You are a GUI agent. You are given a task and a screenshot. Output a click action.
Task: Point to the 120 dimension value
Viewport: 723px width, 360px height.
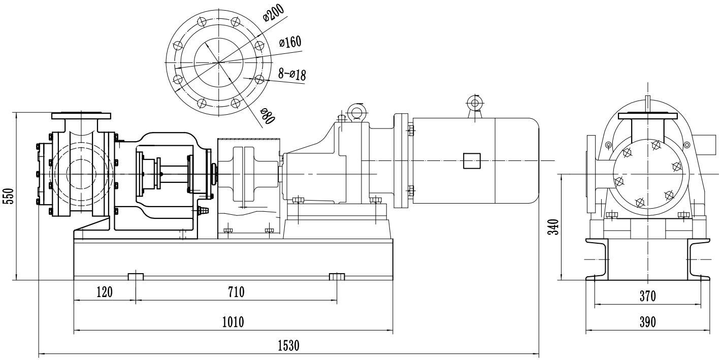tap(105, 292)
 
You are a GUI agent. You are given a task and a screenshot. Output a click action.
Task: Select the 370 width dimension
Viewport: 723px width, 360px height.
tap(648, 296)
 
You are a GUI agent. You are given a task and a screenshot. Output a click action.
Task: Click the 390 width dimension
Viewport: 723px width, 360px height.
tap(648, 322)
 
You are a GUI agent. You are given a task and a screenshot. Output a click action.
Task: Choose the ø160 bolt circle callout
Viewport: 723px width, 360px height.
tap(290, 43)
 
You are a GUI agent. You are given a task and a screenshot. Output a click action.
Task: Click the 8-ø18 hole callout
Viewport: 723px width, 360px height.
tap(292, 74)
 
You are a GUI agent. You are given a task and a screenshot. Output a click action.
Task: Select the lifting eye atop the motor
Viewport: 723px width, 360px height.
tap(475, 104)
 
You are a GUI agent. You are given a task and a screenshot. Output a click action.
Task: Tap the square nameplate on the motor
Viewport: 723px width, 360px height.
tap(471, 161)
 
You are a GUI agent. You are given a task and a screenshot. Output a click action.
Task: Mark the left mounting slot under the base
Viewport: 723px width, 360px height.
tap(136, 276)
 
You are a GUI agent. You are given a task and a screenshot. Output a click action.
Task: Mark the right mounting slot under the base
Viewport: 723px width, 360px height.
tap(337, 276)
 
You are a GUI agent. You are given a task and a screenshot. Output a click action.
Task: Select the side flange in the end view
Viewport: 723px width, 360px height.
tap(590, 174)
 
